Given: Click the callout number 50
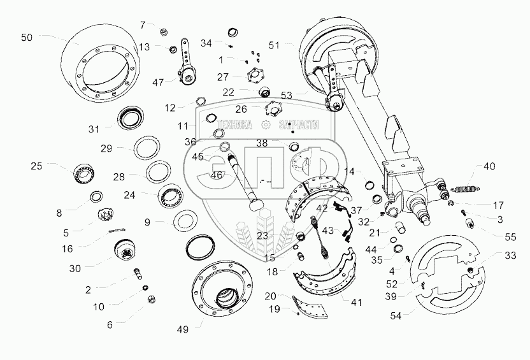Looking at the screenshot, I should coord(26,38).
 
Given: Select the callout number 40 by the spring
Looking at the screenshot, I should coord(489,166).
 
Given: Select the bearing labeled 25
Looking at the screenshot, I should coord(82,172).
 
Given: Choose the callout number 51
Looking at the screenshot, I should coord(274,45).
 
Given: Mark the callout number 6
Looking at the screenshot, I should coord(110,324).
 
